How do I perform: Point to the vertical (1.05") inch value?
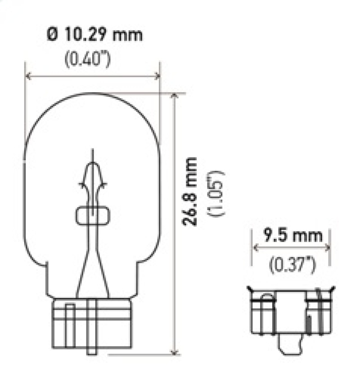215,193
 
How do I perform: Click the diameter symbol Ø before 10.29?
53,35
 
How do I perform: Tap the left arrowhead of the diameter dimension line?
27,76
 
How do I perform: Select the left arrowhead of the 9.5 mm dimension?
255,247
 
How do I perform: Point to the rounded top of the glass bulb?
92,95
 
